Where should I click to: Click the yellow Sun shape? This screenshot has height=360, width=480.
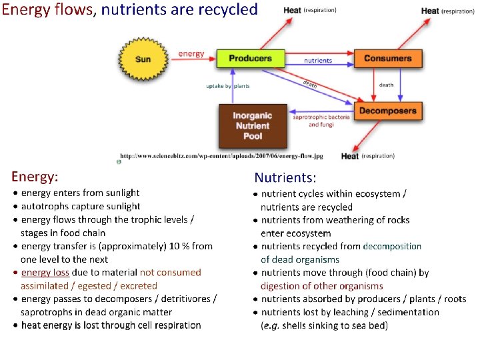click(143, 59)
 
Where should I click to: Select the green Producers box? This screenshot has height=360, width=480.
click(250, 58)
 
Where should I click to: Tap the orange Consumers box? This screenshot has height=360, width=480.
click(387, 58)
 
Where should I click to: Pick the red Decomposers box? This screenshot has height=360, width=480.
click(387, 111)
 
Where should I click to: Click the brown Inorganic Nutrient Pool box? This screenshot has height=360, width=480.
click(252, 126)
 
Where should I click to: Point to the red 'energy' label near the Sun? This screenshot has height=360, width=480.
click(191, 53)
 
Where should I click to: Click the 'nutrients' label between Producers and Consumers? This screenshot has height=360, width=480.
click(318, 61)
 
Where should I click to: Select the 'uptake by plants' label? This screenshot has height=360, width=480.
click(227, 86)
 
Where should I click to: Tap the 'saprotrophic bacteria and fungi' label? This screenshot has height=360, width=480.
click(321, 121)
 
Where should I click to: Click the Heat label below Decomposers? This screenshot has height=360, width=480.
click(350, 157)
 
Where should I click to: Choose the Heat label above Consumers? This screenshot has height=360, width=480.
click(430, 11)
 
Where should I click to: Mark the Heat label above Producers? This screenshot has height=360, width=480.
click(292, 11)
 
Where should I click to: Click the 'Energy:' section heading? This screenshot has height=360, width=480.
click(35, 177)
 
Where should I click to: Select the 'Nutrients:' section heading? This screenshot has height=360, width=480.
click(285, 178)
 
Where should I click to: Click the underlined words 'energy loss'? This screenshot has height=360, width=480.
click(45, 273)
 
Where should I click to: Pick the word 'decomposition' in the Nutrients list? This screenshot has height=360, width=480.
click(392, 246)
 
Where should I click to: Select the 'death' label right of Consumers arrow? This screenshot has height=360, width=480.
click(386, 85)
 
